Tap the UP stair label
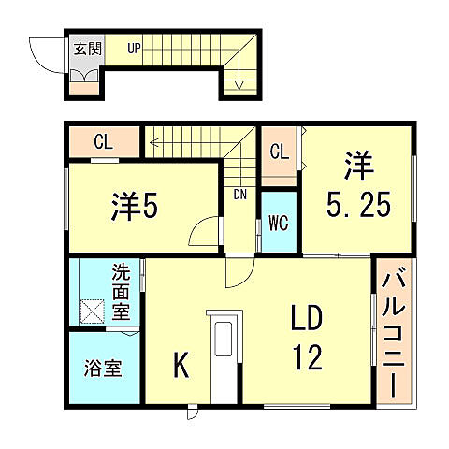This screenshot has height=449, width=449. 135,49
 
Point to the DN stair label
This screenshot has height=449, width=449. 240,195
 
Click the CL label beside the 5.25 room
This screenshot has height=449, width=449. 279,152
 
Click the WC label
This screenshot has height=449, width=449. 279,223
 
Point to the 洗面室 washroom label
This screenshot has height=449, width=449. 123,292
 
